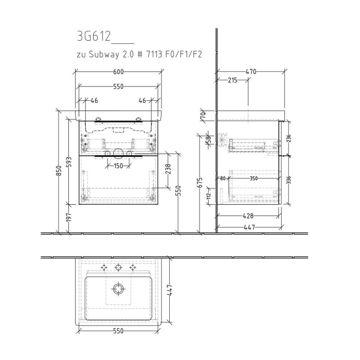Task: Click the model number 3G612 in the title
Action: click(94, 38)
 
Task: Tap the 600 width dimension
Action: click(118, 72)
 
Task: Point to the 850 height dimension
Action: click(58, 173)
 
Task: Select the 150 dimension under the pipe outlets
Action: click(118, 166)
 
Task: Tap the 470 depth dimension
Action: click(250, 72)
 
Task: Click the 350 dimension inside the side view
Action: click(254, 179)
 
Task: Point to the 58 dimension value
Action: click(209, 140)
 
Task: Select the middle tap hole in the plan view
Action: click(119, 267)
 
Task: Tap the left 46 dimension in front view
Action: click(94, 101)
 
